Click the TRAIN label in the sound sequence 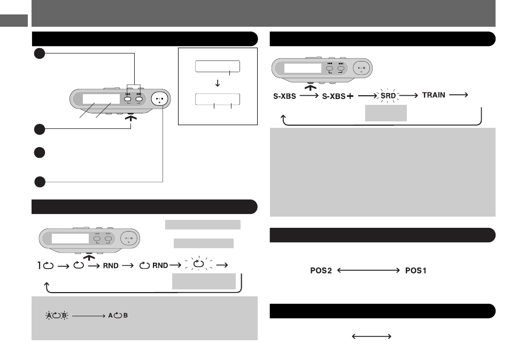434,95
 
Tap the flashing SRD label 388,96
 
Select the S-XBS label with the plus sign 338,96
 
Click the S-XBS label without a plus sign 284,96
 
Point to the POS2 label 321,271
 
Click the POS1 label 416,271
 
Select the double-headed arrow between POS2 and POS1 368,271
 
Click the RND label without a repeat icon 111,266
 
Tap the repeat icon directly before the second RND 144,266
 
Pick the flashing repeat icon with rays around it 199,264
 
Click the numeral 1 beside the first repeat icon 40,266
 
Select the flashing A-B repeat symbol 57,316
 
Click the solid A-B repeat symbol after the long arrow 118,316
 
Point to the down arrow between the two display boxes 218,83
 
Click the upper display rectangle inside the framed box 218,66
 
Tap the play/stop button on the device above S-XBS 361,68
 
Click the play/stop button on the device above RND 129,239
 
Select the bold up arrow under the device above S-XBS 311,87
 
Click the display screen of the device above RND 70,239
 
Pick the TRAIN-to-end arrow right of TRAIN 459,95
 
